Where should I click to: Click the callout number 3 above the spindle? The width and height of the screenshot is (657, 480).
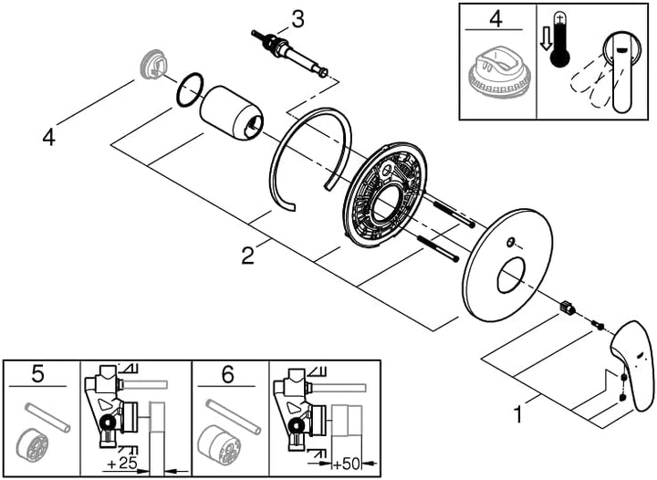(x=297, y=20)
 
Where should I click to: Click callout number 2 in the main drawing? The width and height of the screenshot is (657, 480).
(x=247, y=256)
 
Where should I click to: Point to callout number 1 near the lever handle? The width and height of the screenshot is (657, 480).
(x=518, y=415)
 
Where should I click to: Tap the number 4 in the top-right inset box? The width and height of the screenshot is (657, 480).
(x=495, y=19)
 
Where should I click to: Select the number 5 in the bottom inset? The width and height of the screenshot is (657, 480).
(x=37, y=373)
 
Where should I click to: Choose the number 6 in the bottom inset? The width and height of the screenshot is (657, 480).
(x=227, y=374)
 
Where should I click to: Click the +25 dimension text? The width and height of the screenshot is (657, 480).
(x=122, y=464)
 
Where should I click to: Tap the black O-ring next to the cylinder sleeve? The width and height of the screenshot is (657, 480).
(x=190, y=89)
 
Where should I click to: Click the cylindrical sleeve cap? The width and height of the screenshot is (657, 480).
(x=231, y=112)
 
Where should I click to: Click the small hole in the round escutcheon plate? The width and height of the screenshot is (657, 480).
(x=510, y=243)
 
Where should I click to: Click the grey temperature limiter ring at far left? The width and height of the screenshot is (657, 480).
(x=152, y=64)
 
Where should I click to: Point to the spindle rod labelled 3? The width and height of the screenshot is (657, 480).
(x=290, y=52)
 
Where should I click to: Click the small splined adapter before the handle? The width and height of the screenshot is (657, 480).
(x=567, y=307)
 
